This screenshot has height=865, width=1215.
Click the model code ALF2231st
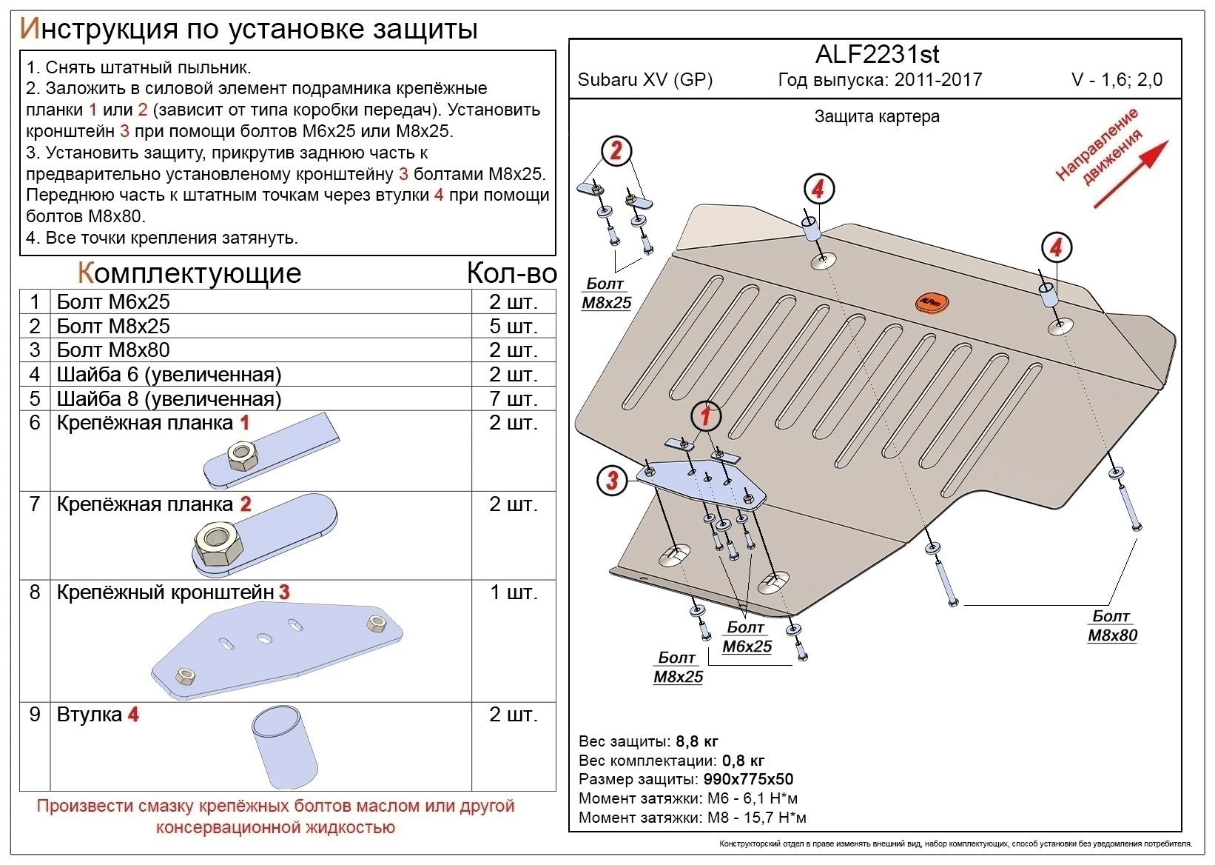click(877, 54)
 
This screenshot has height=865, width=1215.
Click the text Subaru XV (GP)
click(644, 80)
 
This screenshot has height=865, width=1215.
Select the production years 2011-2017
click(938, 80)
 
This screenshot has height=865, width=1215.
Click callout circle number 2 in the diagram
click(616, 152)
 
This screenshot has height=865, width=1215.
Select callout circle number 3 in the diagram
click(611, 480)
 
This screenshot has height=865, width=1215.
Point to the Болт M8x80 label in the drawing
click(1111, 626)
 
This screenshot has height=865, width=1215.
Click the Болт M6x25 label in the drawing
click(746, 637)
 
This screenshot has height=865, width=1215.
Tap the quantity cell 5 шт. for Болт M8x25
click(513, 327)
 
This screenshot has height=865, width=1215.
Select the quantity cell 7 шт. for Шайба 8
click(513, 399)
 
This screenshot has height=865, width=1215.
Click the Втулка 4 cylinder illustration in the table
click(285, 748)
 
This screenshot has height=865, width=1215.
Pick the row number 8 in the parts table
click(35, 592)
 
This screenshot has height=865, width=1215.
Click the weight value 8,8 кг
click(696, 741)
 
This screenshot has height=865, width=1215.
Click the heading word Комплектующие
click(189, 273)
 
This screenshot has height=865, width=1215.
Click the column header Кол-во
click(511, 273)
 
